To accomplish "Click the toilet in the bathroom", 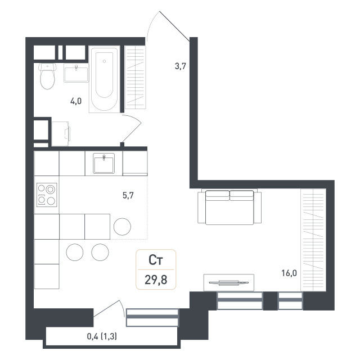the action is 47,76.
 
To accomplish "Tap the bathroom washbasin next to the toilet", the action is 76,73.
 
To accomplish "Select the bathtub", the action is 105,79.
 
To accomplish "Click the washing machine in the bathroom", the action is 61,134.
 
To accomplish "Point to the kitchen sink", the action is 103,163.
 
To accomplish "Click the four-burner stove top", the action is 47,195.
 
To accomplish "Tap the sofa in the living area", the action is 229,206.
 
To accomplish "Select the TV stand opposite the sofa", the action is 229,282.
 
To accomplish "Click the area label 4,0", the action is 76,101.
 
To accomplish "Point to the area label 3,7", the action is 181,66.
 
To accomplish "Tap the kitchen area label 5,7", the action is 128,195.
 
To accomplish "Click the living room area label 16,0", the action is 289,273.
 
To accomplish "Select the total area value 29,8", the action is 156,280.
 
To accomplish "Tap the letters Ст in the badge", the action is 156,260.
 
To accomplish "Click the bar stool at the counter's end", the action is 123,227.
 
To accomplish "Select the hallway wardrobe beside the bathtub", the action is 136,77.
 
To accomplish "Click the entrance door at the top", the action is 168,26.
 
